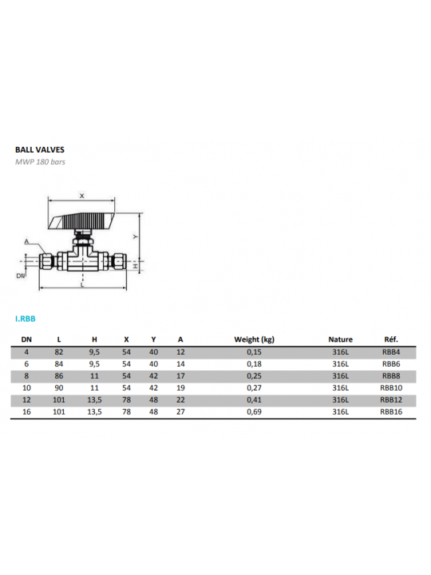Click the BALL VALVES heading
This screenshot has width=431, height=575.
pos(40,149)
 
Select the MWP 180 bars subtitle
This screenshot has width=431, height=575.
pos(40,161)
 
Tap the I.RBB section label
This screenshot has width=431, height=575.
pos(26,319)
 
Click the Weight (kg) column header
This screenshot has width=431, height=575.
pos(255,339)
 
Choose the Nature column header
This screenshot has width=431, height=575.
pos(341,339)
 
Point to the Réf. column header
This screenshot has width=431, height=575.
pos(391,339)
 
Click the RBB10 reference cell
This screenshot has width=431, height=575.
pos(391,388)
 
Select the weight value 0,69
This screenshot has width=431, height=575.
pos(254,412)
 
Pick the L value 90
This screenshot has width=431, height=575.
pos(58,388)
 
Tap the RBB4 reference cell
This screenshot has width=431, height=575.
pos(391,352)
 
